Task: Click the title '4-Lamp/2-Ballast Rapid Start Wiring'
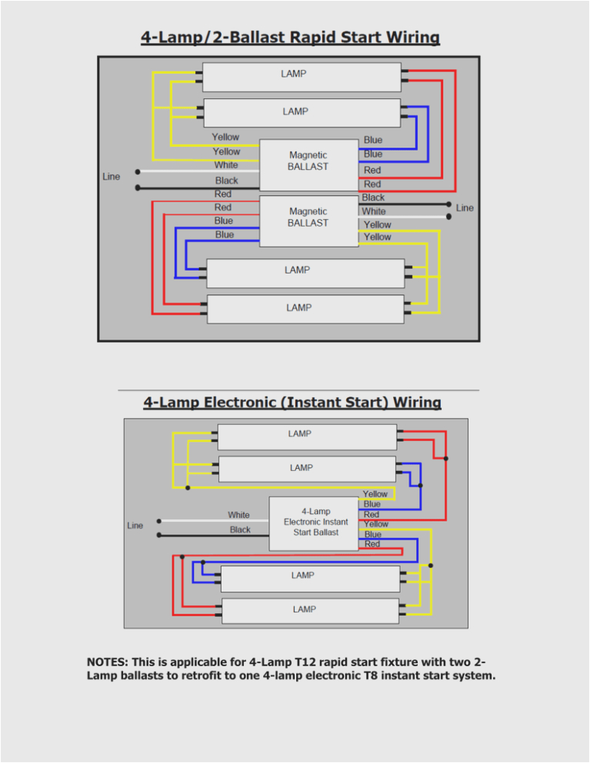click(290, 38)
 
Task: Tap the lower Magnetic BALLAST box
click(308, 220)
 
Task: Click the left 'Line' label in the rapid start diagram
click(112, 177)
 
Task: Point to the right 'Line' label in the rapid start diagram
click(465, 208)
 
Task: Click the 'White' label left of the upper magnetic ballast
click(226, 165)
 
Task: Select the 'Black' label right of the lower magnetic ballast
click(373, 198)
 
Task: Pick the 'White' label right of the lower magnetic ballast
click(374, 211)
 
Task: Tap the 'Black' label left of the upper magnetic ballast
click(226, 181)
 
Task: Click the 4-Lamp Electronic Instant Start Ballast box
click(315, 522)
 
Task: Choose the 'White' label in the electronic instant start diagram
click(238, 515)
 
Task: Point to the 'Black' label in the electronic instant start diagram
click(240, 529)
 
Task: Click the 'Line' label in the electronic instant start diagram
click(135, 526)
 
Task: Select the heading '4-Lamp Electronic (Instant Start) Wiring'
click(292, 402)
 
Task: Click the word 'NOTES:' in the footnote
click(108, 662)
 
